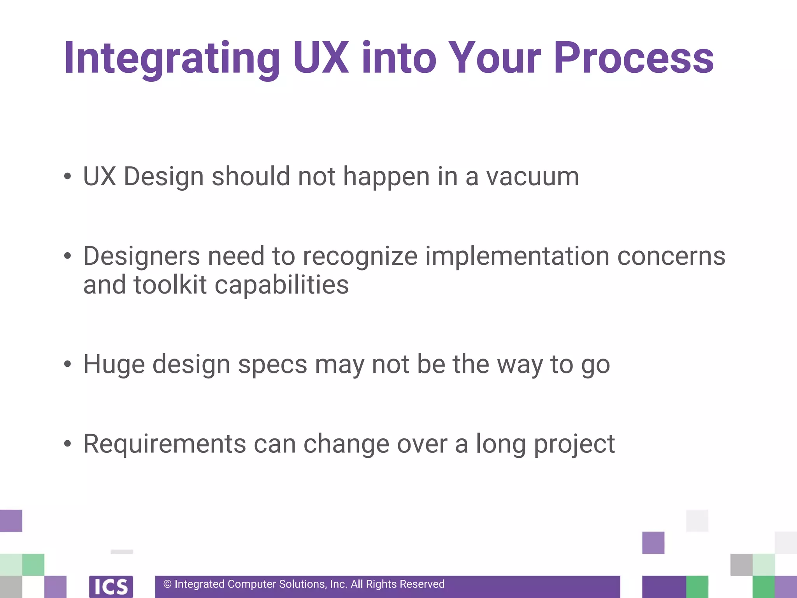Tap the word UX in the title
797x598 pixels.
point(321,58)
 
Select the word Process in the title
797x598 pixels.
point(634,58)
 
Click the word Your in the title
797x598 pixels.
point(494,58)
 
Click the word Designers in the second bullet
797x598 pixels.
point(141,257)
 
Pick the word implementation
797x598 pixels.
point(517,257)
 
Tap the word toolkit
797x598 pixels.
point(170,285)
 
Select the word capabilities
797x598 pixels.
point(281,285)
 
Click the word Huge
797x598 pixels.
point(114,365)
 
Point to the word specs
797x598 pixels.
point(272,365)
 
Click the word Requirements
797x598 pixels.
point(165,444)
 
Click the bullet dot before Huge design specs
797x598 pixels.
point(68,364)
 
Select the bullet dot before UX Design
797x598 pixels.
point(68,176)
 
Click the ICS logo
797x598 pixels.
point(111,586)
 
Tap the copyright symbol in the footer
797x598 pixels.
point(167,584)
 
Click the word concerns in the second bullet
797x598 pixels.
point(671,257)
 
